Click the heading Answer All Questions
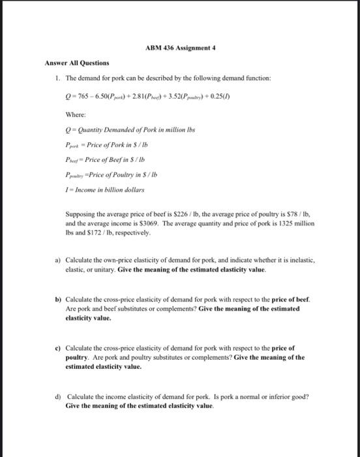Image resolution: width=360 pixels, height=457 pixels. (77, 63)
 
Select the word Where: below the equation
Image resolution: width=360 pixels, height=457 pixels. (74, 113)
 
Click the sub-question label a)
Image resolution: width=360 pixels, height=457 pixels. (57, 260)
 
